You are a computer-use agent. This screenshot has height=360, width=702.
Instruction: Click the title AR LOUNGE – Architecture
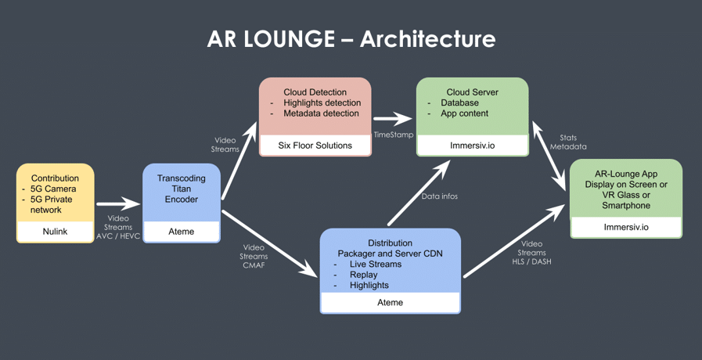tap(351, 39)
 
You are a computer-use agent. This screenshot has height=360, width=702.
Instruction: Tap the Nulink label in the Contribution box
tap(55, 232)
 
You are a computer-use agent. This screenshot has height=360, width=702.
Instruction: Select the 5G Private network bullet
tap(55, 204)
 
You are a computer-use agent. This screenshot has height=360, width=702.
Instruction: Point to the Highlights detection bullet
tap(322, 103)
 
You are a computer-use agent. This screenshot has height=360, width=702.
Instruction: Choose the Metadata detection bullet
tap(321, 114)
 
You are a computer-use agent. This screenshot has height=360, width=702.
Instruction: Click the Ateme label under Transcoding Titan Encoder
tap(182, 232)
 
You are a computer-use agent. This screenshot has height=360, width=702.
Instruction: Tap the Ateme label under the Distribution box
tap(390, 302)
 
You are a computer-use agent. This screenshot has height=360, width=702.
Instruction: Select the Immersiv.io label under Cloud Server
tap(472, 145)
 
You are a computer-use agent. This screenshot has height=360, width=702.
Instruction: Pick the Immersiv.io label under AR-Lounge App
tap(625, 227)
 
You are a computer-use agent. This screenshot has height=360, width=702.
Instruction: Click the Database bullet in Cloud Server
tap(459, 103)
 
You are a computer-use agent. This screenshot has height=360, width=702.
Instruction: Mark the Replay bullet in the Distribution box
tap(363, 275)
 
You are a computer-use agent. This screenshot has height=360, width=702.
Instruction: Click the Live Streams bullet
tap(375, 265)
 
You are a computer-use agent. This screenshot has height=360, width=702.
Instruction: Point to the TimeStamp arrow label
tap(394, 135)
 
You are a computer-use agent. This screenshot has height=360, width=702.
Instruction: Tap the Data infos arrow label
tap(440, 196)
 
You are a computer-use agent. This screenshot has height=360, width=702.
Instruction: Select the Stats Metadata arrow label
tap(568, 142)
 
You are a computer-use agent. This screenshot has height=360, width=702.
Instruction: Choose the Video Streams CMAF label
tap(254, 256)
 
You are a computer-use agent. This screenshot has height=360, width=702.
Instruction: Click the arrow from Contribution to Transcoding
tap(118, 204)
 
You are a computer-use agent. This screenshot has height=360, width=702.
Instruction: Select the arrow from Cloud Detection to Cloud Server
tap(393, 119)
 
